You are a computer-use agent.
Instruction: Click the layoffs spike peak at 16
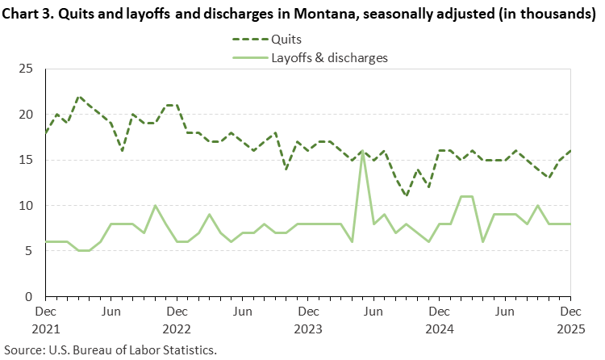tap(363, 152)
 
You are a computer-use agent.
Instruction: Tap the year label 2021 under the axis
tap(47, 329)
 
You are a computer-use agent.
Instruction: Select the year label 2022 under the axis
tap(177, 329)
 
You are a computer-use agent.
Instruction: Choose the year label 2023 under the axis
tap(307, 329)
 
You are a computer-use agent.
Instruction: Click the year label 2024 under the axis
tap(439, 329)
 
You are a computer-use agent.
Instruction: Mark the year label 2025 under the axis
tap(570, 329)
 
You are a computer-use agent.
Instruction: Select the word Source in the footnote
tap(24, 350)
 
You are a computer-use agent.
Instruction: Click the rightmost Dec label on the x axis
tap(570, 311)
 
